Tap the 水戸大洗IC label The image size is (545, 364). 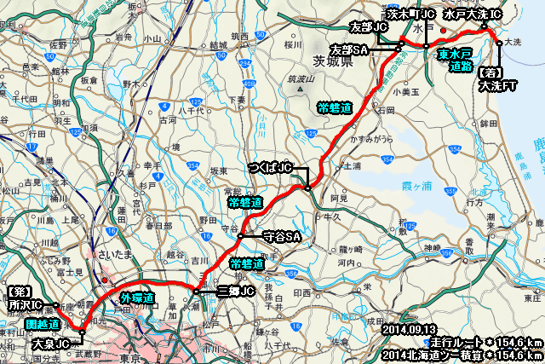coord(473,15)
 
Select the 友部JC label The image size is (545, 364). coord(371,28)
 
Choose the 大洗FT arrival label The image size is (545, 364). coord(497,79)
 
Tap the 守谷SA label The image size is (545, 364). coord(282,235)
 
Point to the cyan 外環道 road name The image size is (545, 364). coord(137,298)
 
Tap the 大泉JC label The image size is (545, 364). coord(48,345)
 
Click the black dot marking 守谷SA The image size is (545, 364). coord(241,236)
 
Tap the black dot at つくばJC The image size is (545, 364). coord(307,187)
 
